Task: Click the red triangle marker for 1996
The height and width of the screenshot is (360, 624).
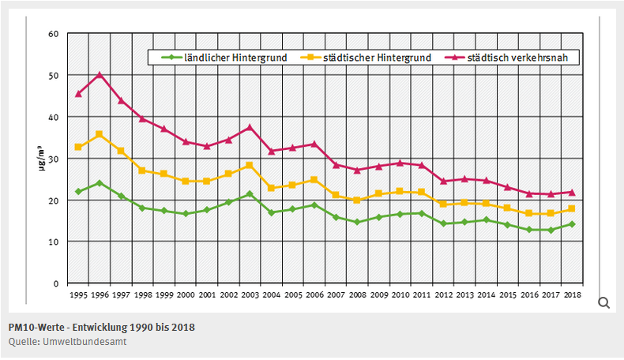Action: (x=100, y=75)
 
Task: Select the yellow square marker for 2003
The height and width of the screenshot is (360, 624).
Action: (x=250, y=165)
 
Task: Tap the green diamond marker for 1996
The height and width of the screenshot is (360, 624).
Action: (x=100, y=183)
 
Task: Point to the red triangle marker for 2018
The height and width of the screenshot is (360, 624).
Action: (x=571, y=192)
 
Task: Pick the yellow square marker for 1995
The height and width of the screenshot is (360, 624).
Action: (x=78, y=147)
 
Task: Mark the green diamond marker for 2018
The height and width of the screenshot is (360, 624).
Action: (x=571, y=224)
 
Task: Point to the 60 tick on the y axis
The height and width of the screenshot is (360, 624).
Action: (x=53, y=34)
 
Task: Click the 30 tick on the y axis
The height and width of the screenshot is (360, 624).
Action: (x=53, y=159)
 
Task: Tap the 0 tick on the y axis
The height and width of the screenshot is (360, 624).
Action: (x=55, y=283)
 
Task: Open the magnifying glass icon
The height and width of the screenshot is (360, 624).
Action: (x=603, y=303)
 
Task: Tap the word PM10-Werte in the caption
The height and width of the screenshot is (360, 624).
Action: (x=36, y=327)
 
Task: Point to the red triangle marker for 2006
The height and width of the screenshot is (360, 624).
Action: (x=314, y=144)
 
